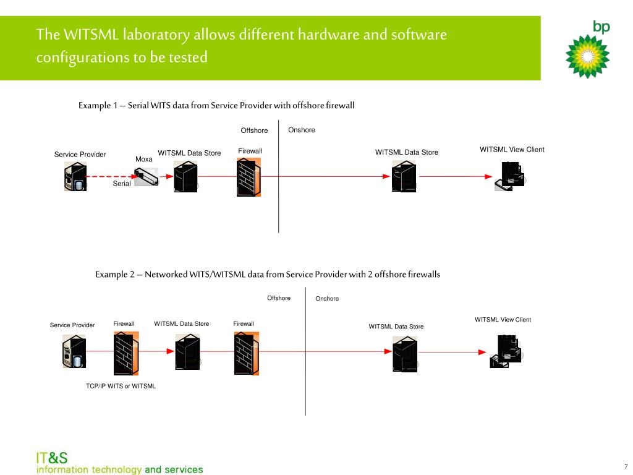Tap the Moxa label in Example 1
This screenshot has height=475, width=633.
point(144,160)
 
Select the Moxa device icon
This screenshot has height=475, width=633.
point(147,178)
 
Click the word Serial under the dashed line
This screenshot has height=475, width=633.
point(122,184)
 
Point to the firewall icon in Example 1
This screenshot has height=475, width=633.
point(249,176)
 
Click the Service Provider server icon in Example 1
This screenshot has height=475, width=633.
point(75,177)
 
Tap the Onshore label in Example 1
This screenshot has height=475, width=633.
point(302,130)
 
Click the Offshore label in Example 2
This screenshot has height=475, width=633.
point(279,298)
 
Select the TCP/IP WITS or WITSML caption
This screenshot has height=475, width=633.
point(121,386)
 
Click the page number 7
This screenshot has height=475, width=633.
point(626,466)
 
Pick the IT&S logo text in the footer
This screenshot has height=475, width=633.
point(52,458)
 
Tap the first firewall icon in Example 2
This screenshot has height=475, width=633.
point(126,353)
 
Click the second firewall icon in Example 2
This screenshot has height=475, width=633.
point(247,353)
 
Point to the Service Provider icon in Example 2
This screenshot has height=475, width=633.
point(75,353)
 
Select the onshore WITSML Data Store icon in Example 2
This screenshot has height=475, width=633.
point(405,354)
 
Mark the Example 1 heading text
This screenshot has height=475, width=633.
point(216,106)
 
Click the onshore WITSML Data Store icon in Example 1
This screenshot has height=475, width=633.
point(404,176)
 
